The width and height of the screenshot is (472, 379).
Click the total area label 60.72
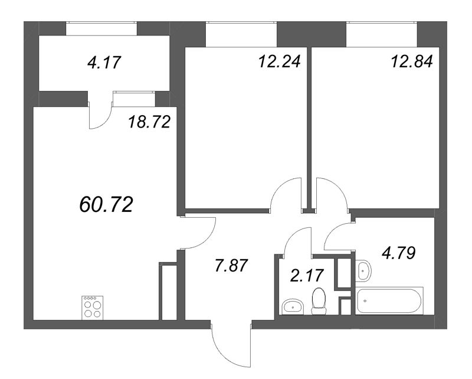(x=106, y=205)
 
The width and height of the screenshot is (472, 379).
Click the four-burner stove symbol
(x=91, y=306)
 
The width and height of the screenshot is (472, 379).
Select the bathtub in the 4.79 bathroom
(x=389, y=300)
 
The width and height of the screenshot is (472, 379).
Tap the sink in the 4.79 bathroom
(x=363, y=270)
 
